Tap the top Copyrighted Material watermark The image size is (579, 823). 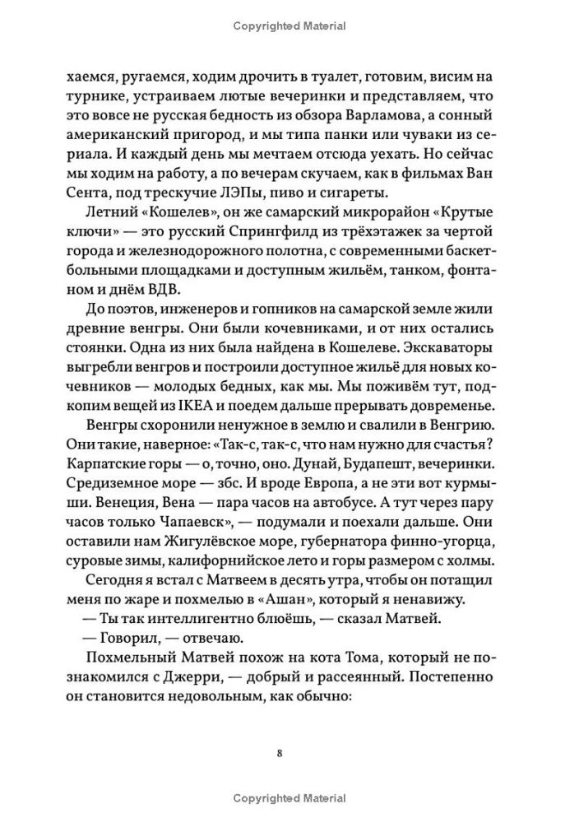click(x=289, y=26)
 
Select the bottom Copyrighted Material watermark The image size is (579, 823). click(x=289, y=798)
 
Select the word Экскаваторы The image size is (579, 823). click(x=460, y=345)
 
